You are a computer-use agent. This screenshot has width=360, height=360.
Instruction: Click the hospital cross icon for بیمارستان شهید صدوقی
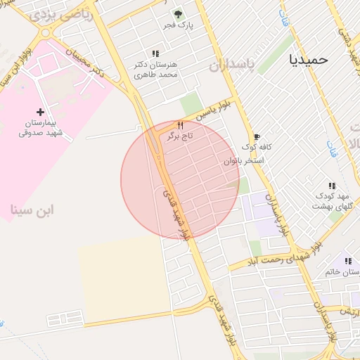40,112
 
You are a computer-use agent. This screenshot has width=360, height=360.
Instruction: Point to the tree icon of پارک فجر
177,14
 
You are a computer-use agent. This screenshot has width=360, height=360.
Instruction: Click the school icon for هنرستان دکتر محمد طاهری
155,53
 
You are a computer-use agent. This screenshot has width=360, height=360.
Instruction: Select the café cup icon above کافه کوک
257,136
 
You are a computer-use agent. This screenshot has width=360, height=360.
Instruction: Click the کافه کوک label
257,147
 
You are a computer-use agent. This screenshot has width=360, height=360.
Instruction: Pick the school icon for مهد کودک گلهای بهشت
332,186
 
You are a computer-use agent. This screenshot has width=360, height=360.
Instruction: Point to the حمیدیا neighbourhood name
309,60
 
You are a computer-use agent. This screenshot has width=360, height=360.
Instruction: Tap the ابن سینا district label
32,210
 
